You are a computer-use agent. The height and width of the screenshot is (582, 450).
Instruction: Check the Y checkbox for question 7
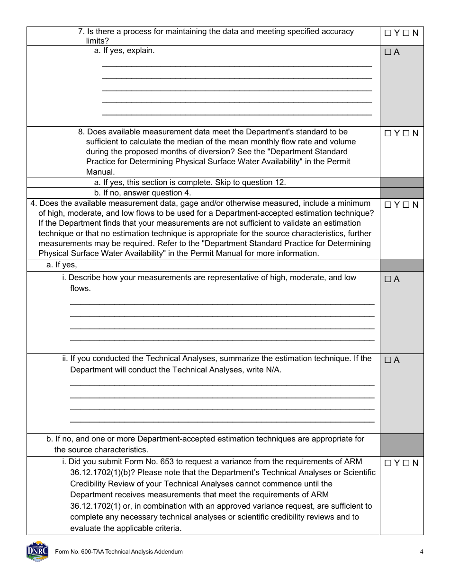tap(388, 33)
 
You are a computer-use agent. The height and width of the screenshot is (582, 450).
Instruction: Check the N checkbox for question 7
tap(406, 33)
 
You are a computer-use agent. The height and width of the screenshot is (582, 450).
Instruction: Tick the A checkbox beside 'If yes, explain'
tap(388, 53)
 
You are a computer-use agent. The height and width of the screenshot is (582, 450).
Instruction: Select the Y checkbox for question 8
tap(388, 133)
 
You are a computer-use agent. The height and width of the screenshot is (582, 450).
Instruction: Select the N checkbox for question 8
tap(406, 133)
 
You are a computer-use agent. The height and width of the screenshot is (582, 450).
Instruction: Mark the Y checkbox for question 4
tap(388, 205)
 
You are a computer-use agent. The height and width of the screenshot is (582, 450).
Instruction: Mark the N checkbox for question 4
tap(406, 205)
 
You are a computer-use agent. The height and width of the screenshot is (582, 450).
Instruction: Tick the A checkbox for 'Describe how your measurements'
tap(388, 279)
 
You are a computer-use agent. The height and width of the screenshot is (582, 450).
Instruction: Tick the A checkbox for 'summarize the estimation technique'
tap(388, 360)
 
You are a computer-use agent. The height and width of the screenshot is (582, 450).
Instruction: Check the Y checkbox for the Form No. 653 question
tap(388, 463)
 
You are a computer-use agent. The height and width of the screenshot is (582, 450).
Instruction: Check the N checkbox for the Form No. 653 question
tap(406, 463)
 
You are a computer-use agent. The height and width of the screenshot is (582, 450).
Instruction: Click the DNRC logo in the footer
tap(37, 551)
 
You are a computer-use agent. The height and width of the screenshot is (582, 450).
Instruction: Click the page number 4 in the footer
tap(421, 552)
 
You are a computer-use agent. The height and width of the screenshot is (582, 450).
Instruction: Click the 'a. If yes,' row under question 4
tap(62, 265)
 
